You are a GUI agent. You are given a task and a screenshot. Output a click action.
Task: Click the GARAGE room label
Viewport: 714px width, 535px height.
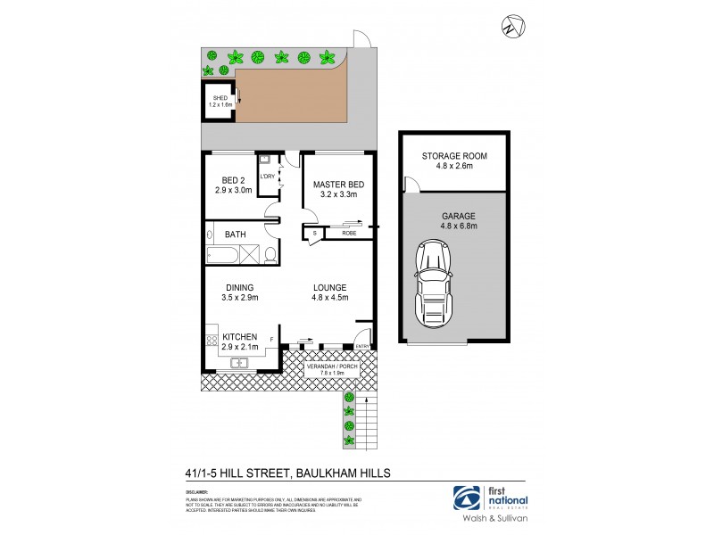click(452, 215)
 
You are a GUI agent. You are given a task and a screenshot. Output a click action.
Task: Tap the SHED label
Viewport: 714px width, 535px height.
click(219, 97)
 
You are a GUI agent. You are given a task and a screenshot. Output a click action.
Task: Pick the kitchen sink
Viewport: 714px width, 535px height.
click(238, 363)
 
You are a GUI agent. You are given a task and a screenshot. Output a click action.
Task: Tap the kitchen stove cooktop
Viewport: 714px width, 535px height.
click(211, 339)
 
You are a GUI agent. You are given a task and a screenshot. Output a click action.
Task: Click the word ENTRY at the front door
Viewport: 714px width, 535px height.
click(361, 347)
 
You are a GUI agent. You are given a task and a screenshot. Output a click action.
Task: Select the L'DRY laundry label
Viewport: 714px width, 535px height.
click(266, 176)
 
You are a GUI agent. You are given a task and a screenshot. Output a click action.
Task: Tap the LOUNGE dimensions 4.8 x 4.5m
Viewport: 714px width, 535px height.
click(329, 300)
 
